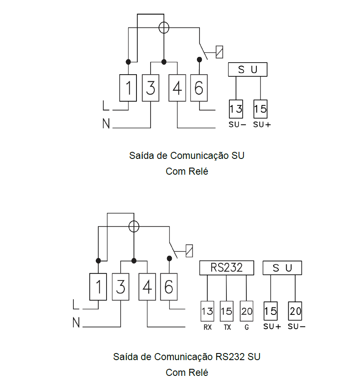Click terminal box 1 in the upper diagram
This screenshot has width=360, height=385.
128,88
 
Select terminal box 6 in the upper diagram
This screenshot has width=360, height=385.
199,88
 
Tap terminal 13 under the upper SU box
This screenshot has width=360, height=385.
236,109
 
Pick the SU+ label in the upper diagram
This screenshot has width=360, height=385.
262,125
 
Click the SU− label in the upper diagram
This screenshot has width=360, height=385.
237,125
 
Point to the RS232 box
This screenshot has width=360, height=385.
226,268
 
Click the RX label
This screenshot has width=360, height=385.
207,327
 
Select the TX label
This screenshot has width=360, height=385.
227,327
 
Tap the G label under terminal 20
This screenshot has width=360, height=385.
247,327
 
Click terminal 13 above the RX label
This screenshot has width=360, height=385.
207,311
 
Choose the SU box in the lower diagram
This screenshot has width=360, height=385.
282,268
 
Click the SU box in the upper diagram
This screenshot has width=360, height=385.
248,69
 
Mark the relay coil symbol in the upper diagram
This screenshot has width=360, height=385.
219,52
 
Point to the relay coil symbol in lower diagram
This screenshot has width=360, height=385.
189,251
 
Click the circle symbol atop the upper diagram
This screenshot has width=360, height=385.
164,27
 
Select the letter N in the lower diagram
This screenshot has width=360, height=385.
76,322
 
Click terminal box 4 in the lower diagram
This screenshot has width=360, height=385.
147,287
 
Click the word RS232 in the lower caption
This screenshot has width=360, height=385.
230,357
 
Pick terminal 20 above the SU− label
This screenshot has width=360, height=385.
295,311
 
